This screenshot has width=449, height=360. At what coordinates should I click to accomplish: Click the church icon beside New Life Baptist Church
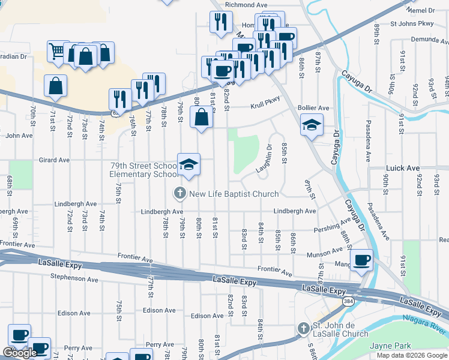[x=179, y=194]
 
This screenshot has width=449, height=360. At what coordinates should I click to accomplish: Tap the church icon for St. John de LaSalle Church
[x=304, y=329]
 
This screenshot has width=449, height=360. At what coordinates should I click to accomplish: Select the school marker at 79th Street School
[x=188, y=164]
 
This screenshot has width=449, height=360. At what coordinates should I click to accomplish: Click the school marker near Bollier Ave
[x=312, y=125]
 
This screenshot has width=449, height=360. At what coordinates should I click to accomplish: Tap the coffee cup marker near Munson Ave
[x=361, y=260]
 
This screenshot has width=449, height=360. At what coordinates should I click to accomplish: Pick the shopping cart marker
[x=57, y=52]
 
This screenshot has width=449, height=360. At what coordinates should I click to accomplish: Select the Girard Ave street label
[x=55, y=160]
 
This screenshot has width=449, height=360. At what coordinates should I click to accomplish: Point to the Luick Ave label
[x=404, y=169]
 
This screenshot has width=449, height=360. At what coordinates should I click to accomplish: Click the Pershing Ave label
[x=333, y=229]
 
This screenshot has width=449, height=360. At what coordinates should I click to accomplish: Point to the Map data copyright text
[x=411, y=355]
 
